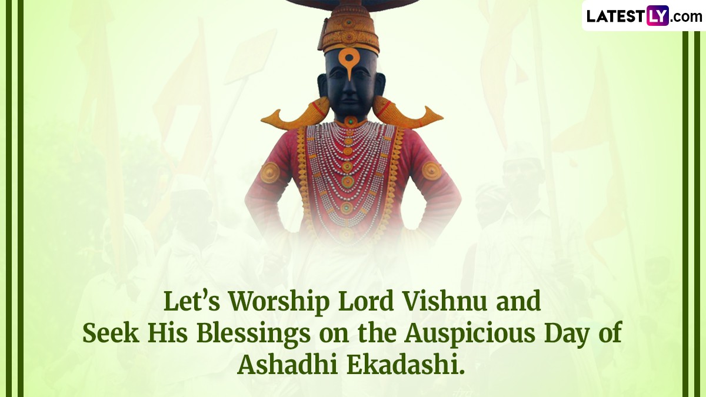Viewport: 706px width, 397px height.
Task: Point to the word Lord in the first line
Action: tap(365, 301)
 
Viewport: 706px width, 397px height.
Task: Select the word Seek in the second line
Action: tap(111, 333)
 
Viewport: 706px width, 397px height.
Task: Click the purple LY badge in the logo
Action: tap(658, 15)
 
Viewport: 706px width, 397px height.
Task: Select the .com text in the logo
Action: tap(686, 17)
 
